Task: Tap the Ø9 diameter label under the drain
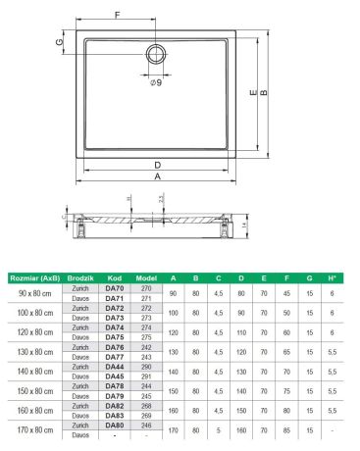point(156,82)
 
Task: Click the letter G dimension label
point(60,42)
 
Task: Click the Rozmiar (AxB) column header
point(34,278)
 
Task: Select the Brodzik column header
point(80,278)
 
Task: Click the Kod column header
point(115,278)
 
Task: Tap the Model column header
point(146,278)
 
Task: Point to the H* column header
point(334,278)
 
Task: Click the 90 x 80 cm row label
point(34,293)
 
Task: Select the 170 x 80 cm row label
point(34,430)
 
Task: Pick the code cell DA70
point(115,288)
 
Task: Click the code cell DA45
point(115,376)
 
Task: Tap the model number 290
point(146,367)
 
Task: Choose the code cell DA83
point(115,416)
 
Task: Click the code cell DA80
point(115,426)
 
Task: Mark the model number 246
point(146,426)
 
